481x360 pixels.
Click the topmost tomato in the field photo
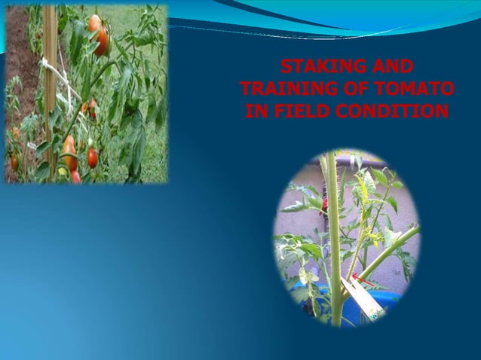coord(94,23)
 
